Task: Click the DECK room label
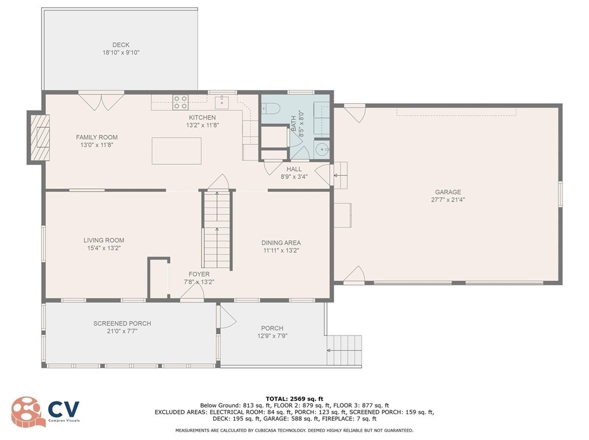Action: pyautogui.click(x=121, y=45)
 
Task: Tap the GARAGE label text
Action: pyautogui.click(x=448, y=192)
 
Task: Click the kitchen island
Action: pyautogui.click(x=177, y=151)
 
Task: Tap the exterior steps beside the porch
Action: pyautogui.click(x=344, y=350)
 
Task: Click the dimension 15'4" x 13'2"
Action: pyautogui.click(x=103, y=248)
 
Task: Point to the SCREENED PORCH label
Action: pyautogui.click(x=122, y=323)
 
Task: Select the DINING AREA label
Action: pyautogui.click(x=282, y=243)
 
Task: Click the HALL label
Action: pyautogui.click(x=294, y=169)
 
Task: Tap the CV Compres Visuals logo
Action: pyautogui.click(x=46, y=410)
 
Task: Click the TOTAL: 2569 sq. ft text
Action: pyautogui.click(x=294, y=398)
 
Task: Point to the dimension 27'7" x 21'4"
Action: pyautogui.click(x=448, y=200)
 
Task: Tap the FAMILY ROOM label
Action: pyautogui.click(x=97, y=137)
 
